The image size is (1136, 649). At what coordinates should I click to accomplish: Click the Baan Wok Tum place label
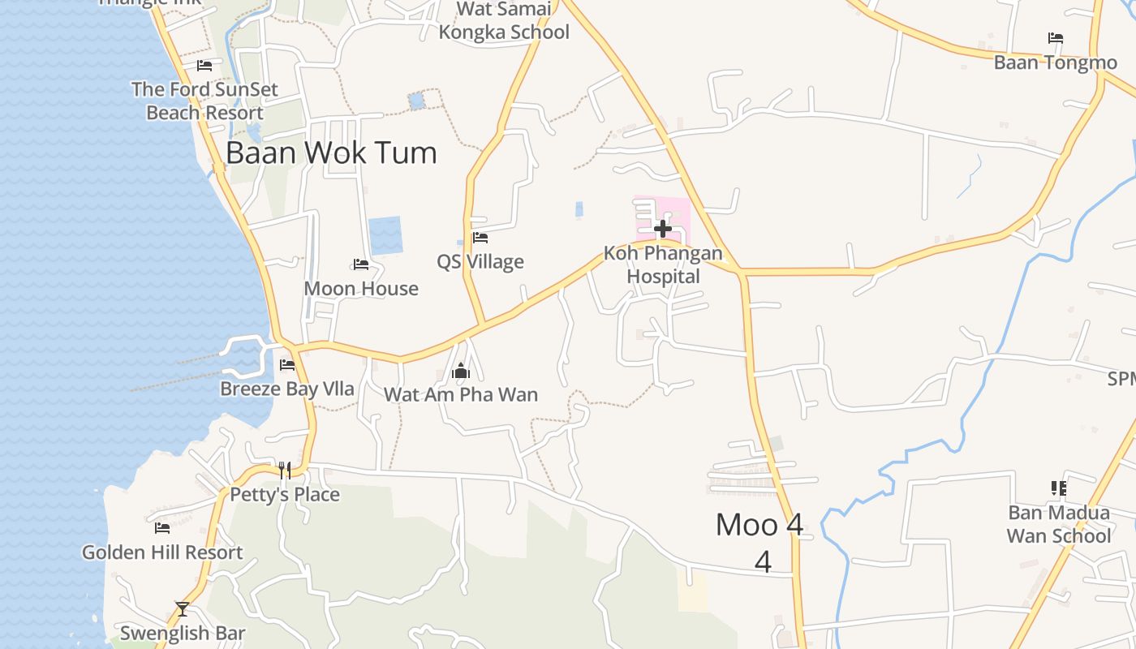tap(331, 153)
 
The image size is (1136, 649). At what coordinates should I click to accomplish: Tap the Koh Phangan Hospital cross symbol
tap(663, 229)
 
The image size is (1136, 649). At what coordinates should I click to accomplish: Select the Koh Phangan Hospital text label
tap(663, 264)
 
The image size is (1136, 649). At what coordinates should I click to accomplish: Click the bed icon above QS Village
tap(480, 238)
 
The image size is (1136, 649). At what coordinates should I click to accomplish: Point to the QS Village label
tap(480, 262)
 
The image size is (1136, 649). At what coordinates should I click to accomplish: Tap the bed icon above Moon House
tap(361, 264)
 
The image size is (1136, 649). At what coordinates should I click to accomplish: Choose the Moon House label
tap(361, 289)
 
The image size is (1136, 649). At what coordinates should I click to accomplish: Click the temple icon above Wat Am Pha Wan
tap(461, 372)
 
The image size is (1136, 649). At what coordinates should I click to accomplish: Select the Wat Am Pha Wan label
tap(461, 395)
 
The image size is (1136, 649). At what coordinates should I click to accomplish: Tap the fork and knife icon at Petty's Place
tap(285, 470)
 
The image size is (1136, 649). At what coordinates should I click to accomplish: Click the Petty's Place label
tap(285, 495)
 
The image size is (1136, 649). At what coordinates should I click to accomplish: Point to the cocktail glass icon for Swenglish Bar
tap(183, 608)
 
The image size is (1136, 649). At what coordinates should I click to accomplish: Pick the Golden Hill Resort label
tap(162, 552)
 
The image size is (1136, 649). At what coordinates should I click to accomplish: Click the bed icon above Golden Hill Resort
tap(162, 528)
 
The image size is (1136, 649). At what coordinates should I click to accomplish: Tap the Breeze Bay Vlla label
tap(287, 389)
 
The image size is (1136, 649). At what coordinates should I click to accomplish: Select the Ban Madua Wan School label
tap(1059, 524)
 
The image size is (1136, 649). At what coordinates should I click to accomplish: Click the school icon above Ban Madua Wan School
tap(1058, 488)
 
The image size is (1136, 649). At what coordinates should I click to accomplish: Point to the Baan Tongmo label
tap(1056, 62)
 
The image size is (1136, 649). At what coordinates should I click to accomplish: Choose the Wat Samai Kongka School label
tap(504, 21)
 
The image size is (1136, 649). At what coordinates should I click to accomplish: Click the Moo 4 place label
tap(760, 526)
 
